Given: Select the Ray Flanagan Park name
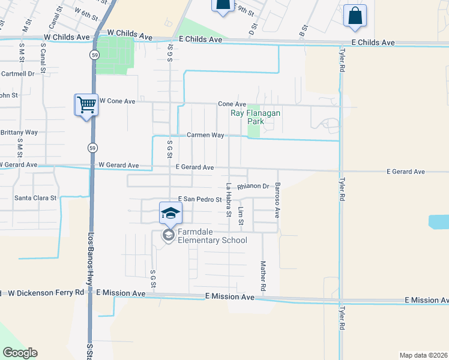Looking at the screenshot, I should point(256,116).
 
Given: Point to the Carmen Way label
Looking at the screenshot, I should point(205,135).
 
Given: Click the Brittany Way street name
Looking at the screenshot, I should point(19,132).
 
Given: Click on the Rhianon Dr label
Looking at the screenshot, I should point(253,186).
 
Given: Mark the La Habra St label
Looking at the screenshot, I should point(228,200).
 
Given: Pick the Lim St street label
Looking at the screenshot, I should point(241,216).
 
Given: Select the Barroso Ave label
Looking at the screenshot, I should point(277,200).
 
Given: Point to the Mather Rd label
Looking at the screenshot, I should point(263,276).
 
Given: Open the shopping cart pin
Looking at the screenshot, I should point(86,106).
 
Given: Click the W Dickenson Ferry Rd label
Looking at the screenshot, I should point(46,293).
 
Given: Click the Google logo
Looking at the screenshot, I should point(20,353).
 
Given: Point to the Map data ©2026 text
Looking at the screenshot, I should point(424,355).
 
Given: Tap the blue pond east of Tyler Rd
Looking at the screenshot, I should point(439,222).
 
